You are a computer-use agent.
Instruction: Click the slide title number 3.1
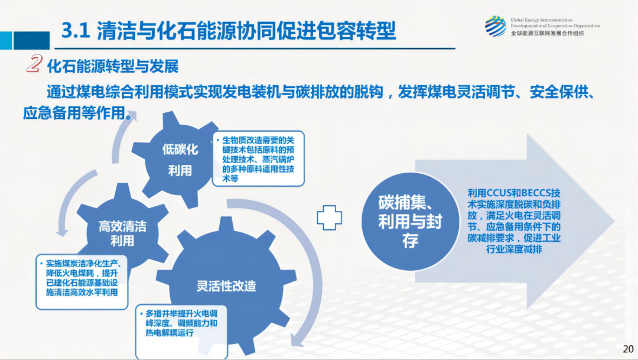(75, 30)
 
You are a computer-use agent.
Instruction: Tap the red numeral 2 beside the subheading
(34, 64)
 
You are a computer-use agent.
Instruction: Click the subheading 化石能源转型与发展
(112, 65)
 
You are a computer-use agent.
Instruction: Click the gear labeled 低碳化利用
(180, 160)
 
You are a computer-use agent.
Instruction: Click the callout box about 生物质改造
(258, 158)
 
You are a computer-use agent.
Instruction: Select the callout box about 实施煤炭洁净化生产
(82, 283)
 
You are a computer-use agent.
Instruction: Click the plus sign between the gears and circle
(330, 218)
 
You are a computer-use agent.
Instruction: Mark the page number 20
(627, 348)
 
